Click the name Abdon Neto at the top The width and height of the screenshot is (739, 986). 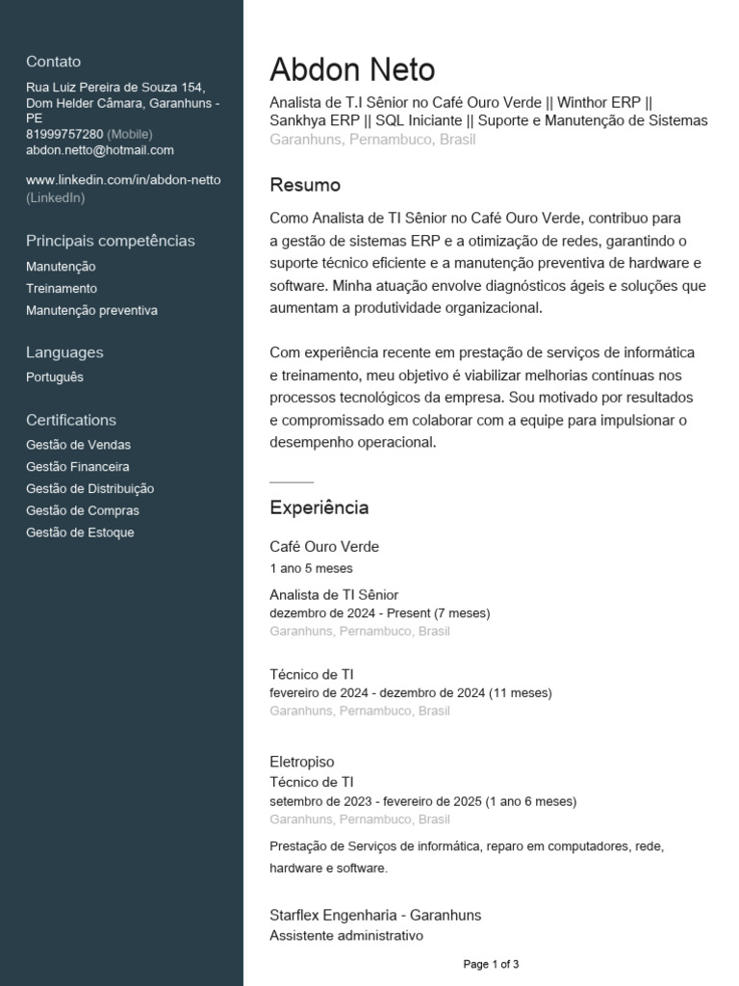352,69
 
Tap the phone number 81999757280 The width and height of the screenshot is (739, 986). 64,134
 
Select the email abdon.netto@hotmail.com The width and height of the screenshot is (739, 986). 100,150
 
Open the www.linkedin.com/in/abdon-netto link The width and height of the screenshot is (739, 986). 123,180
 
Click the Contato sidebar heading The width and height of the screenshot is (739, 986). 54,62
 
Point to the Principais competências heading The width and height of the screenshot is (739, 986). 111,241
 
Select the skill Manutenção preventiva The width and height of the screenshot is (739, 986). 91,311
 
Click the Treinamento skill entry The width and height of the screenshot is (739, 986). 62,289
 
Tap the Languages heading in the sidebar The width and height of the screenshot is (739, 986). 64,352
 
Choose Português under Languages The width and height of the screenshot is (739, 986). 55,377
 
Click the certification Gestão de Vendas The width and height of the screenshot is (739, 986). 79,445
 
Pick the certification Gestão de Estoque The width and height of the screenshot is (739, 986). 81,532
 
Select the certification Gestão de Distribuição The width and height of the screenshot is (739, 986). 90,489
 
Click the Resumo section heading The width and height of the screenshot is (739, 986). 305,185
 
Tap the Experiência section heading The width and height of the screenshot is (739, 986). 319,507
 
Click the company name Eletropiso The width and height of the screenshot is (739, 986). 302,762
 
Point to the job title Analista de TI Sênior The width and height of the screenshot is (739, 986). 334,595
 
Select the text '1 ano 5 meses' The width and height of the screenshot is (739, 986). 312,568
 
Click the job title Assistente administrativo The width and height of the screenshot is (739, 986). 346,935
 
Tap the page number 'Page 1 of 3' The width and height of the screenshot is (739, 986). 491,964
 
